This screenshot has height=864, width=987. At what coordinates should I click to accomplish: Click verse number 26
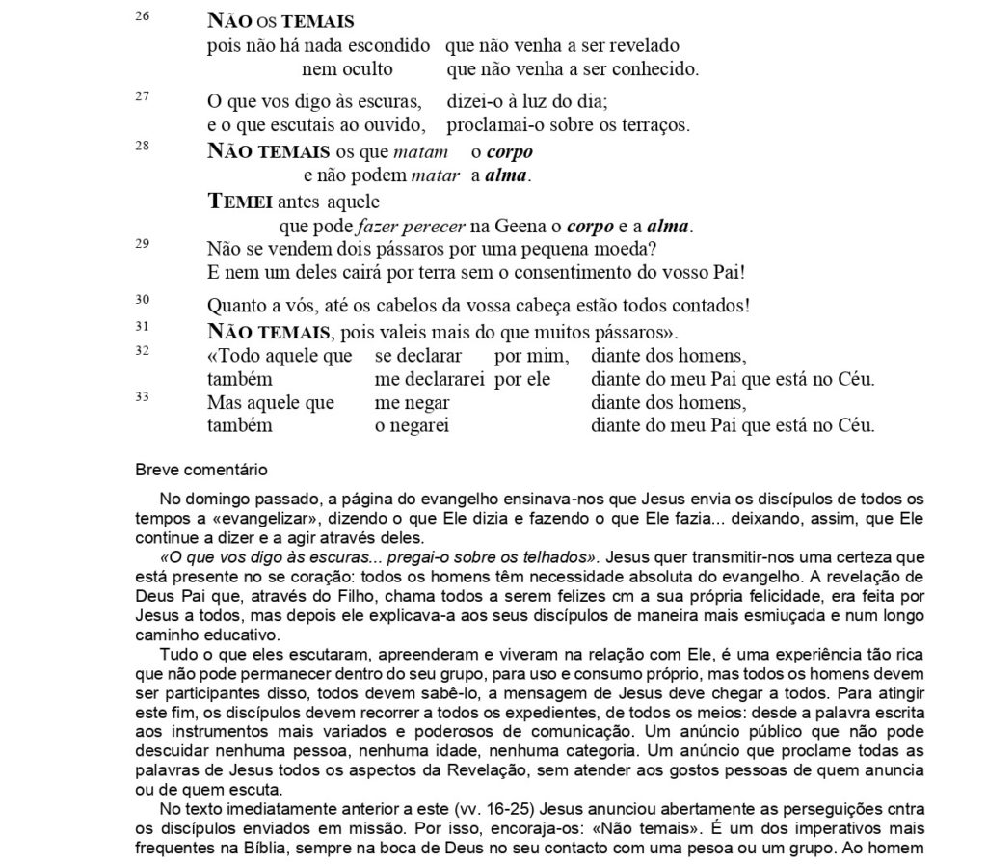point(142,16)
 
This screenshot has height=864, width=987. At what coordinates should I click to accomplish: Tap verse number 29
point(142,243)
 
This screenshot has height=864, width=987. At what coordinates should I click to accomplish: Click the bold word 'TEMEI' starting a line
point(240,202)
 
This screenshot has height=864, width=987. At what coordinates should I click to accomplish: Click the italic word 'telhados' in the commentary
point(553,557)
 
